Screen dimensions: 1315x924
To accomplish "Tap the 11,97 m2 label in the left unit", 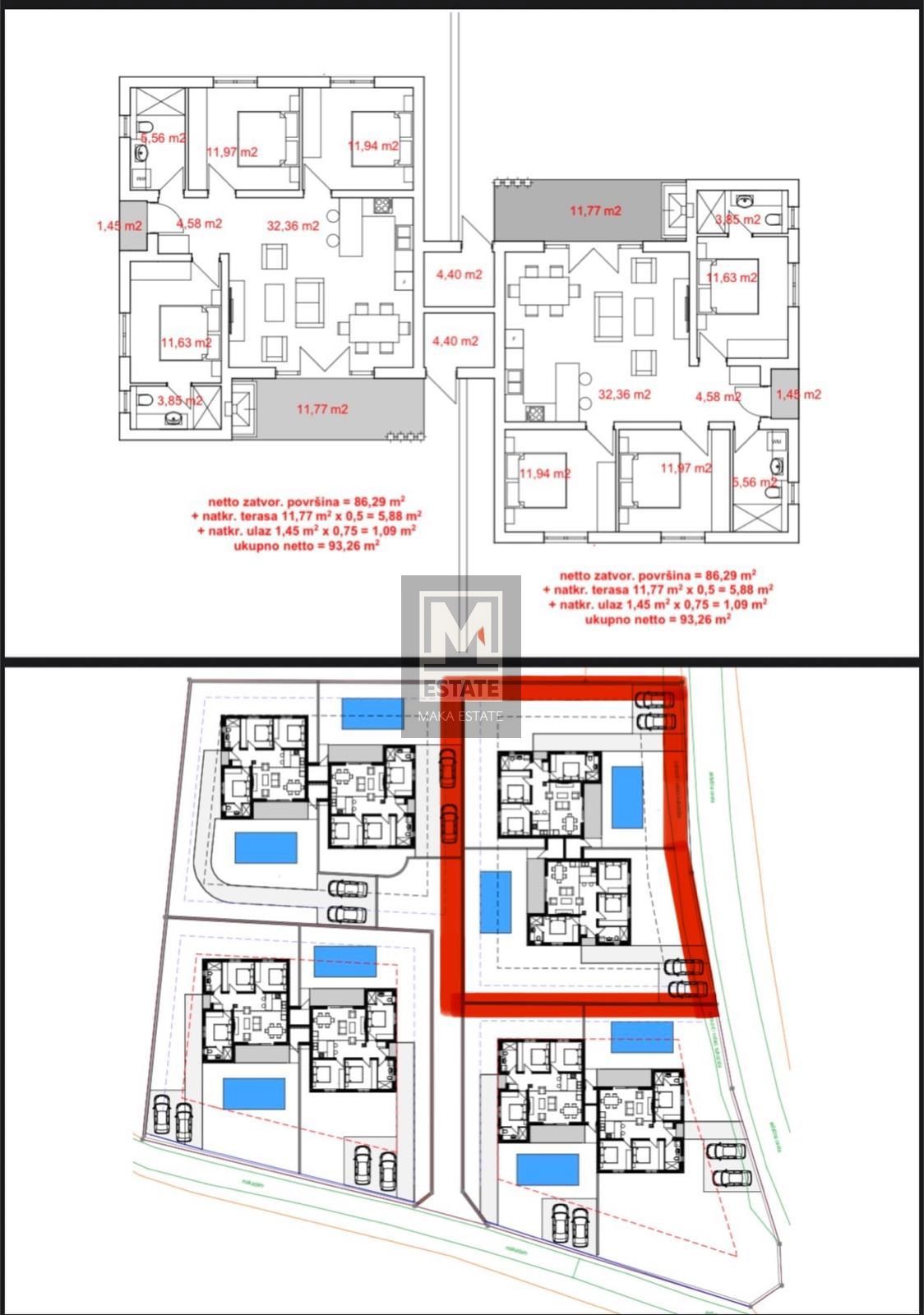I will [x=232, y=151].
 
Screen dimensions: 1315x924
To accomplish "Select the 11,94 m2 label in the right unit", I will [x=545, y=473].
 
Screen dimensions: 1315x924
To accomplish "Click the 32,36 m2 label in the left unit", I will [x=293, y=225].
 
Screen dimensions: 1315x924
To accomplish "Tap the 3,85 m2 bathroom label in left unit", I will [x=180, y=401].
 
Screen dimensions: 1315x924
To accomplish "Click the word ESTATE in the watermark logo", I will [x=460, y=688].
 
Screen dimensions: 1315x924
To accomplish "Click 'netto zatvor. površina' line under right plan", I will [x=658, y=575].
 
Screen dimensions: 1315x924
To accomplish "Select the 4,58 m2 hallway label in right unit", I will [x=718, y=396].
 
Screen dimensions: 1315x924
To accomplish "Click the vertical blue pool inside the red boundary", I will [x=496, y=902].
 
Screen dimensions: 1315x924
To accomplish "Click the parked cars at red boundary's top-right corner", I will [x=654, y=710].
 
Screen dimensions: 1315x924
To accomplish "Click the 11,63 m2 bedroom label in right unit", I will [x=732, y=278].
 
